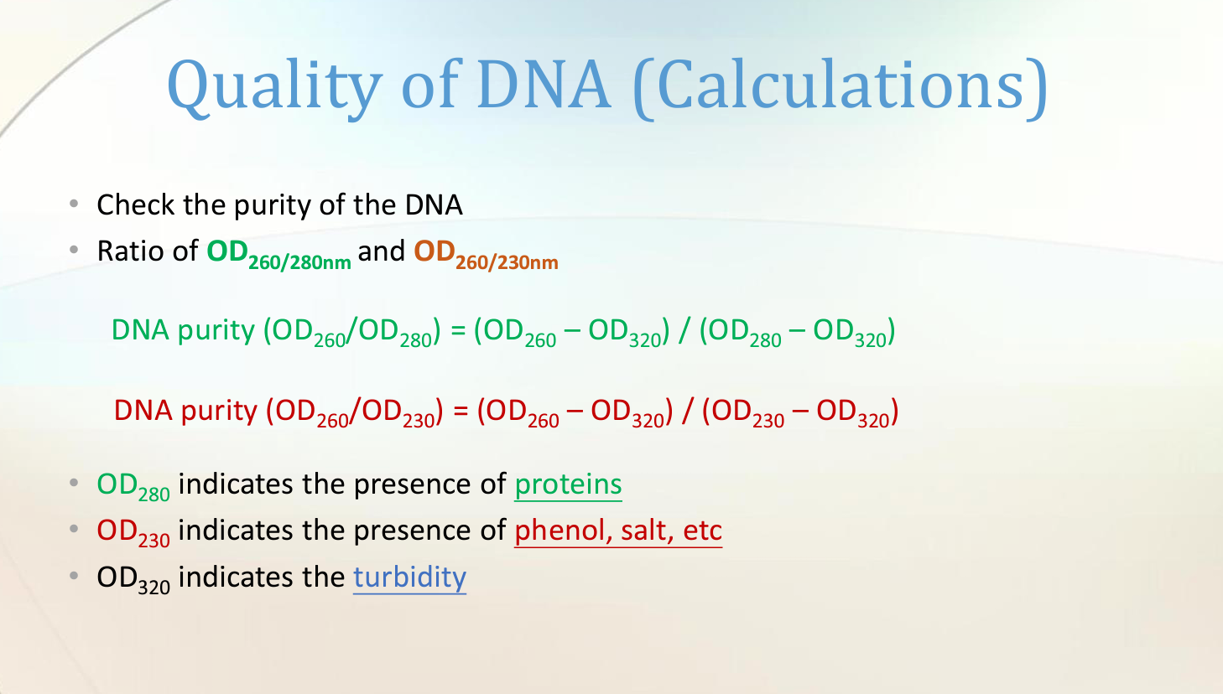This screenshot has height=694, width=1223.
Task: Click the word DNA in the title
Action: point(544,86)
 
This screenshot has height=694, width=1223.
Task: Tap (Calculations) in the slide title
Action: point(840,86)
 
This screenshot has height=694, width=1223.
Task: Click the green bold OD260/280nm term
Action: point(278,253)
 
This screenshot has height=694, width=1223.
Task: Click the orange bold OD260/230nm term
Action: point(486,253)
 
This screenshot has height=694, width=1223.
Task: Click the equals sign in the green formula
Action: point(458,330)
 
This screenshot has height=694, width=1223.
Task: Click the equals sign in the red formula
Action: point(461,411)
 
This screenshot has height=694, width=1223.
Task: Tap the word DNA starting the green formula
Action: point(140,330)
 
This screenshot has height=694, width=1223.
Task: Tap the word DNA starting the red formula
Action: point(143,411)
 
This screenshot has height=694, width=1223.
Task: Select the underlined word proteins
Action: point(568,484)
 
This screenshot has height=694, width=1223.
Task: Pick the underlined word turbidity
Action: point(409,577)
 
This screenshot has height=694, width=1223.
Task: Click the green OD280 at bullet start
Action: point(133,486)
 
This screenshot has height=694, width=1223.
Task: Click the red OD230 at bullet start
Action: point(133,532)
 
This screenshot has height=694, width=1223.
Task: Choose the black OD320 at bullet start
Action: point(133,579)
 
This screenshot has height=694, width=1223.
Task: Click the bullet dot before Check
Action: point(74,204)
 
